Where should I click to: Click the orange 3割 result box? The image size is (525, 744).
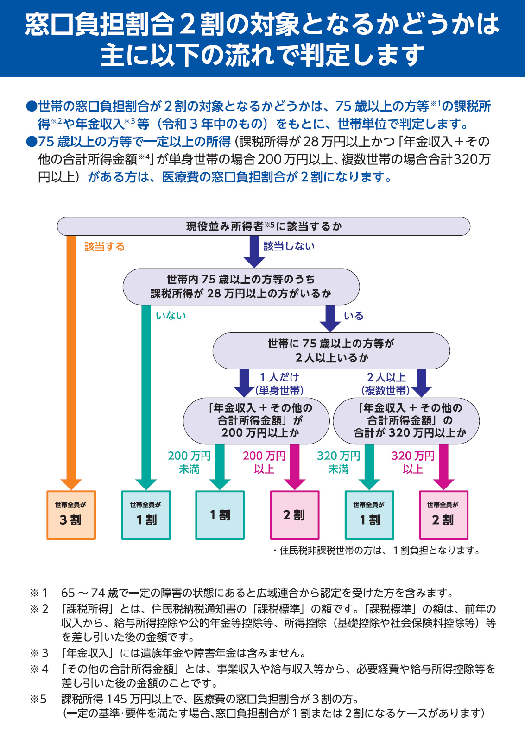pos(71,515)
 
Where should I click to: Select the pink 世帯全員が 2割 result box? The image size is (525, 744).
pos(443,515)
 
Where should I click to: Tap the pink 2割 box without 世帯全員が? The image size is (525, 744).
pos(295,515)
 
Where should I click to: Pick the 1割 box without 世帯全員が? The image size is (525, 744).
pos(220,515)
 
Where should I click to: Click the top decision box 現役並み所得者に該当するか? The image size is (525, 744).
pos(264,226)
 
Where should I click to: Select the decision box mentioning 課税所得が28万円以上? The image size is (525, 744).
pos(241,287)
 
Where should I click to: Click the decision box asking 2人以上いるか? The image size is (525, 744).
pos(331,351)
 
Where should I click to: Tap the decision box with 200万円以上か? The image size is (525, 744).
pos(256,421)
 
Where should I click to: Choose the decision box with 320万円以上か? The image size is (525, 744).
pos(406,421)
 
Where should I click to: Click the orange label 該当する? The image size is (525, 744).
pos(104,246)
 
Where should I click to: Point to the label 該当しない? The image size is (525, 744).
pos(289,246)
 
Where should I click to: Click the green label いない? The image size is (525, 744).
pos(171,315)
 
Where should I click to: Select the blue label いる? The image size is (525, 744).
pos(354,316)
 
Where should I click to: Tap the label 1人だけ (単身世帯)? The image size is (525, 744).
pos(279,384)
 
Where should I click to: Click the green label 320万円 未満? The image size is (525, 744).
pos(338,463)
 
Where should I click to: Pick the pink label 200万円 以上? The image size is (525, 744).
pos(264,463)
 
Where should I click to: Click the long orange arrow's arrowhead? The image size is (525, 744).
pos(71,484)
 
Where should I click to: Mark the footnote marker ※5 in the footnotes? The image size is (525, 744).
pos(38,699)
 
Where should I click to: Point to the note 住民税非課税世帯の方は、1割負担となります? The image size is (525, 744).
pos(377,550)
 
